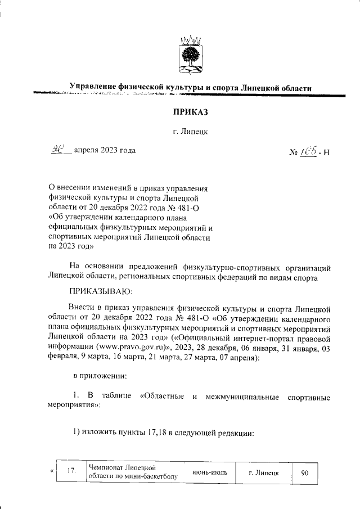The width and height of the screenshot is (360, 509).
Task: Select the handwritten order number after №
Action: pos(307,151)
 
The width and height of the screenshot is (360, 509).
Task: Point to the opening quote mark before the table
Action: pos(52,469)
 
